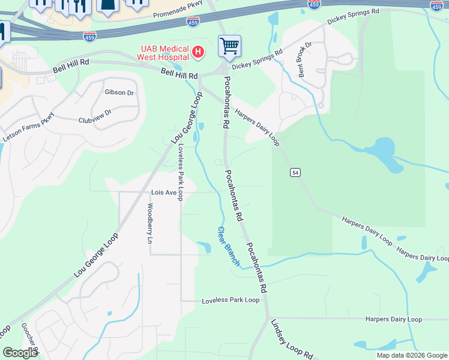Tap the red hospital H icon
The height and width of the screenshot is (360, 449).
199,53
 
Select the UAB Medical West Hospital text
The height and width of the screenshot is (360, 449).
165,53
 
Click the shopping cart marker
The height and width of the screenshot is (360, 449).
229,45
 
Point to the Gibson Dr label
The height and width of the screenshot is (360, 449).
119,92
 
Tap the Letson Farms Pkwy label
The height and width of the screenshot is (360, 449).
28,128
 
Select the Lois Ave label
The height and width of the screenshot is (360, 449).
163,193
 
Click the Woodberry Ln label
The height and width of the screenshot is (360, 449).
149,224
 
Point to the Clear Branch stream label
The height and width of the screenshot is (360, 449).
228,246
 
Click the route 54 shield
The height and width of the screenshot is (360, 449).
295,173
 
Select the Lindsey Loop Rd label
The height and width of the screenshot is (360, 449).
292,340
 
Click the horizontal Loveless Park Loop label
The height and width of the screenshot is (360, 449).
231,300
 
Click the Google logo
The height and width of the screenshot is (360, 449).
20,353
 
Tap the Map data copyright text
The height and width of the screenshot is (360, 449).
411,355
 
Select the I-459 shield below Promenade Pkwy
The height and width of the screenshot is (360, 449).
193,20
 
